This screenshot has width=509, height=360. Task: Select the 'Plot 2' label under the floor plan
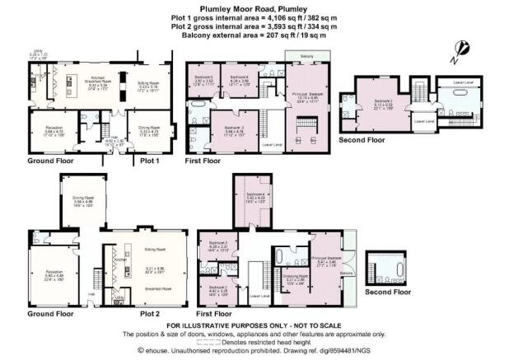(x=150, y=314)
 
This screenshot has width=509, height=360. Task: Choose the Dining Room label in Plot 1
(x=149, y=129)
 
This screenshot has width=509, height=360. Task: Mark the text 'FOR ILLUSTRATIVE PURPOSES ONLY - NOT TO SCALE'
(x=254, y=326)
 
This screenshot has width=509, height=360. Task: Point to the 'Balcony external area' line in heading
(x=254, y=35)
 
